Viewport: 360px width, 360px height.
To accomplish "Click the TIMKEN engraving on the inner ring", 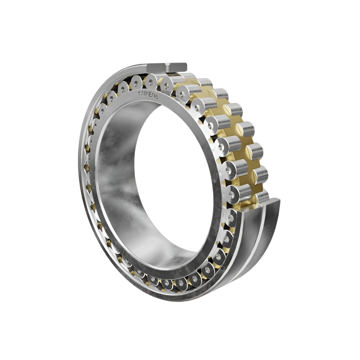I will (148, 95).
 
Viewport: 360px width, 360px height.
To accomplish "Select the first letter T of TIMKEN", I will (140, 93).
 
